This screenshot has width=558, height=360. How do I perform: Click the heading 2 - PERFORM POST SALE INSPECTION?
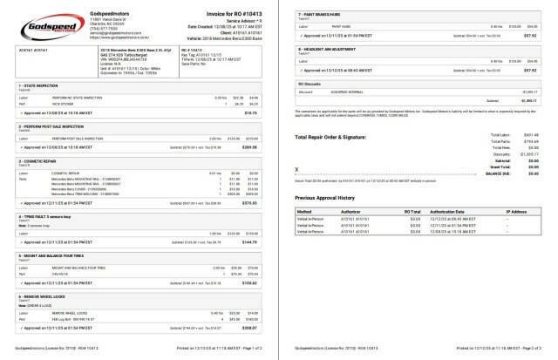coord(58,126)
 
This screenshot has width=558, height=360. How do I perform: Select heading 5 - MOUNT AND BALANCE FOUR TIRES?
coord(58,255)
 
